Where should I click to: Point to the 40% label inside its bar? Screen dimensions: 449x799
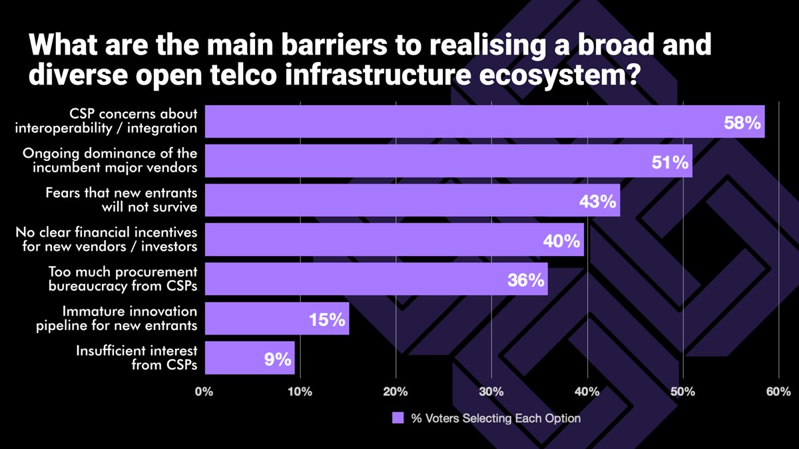pyautogui.click(x=561, y=241)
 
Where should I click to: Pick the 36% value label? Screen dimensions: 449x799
pyautogui.click(x=526, y=280)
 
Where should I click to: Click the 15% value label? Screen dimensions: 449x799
pyautogui.click(x=327, y=320)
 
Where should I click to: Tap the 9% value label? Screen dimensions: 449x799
pyautogui.click(x=278, y=359)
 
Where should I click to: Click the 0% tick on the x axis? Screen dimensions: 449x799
pyautogui.click(x=204, y=392)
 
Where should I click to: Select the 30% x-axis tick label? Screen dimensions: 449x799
pyautogui.click(x=491, y=392)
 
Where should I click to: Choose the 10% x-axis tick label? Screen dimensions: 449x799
pyautogui.click(x=300, y=392)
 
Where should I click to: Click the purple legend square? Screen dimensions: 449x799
pyautogui.click(x=398, y=418)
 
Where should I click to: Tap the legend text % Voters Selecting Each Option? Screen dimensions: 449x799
pyautogui.click(x=495, y=418)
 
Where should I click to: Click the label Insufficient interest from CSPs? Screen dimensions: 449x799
pyautogui.click(x=136, y=358)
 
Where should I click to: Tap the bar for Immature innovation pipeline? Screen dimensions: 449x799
pyautogui.click(x=276, y=319)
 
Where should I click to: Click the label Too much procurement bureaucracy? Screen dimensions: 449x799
pyautogui.click(x=123, y=279)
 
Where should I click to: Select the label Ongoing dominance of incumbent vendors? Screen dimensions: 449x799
pyautogui.click(x=110, y=160)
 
